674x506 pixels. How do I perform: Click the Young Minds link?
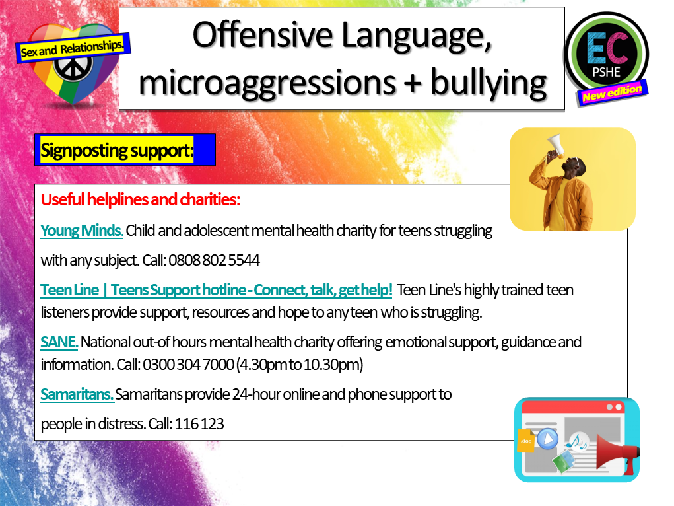[x=82, y=231]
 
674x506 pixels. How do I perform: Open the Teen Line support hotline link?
[x=217, y=290]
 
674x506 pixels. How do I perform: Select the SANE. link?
[x=59, y=342]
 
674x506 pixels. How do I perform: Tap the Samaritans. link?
[x=77, y=395]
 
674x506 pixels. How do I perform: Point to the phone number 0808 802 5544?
[x=214, y=260]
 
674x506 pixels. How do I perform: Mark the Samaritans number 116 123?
[x=199, y=424]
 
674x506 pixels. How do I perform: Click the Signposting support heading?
[x=117, y=150]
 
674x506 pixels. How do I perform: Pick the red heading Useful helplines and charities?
[x=140, y=199]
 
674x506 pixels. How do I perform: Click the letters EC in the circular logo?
[x=605, y=47]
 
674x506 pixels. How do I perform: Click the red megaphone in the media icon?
[x=615, y=453]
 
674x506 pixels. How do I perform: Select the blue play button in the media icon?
[x=547, y=439]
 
